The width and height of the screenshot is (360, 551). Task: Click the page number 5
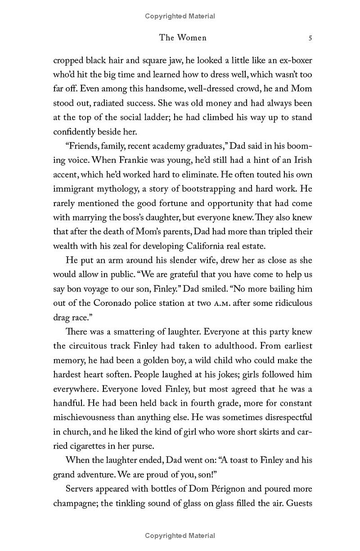pos(310,38)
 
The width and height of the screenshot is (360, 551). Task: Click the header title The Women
pos(183,38)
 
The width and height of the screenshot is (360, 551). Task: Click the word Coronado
pos(106,303)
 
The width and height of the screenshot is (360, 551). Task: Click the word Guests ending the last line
pos(298,503)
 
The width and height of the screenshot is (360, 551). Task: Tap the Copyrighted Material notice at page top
pos(180,16)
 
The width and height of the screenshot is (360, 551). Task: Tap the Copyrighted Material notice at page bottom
pos(180,535)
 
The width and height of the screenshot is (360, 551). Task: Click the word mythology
pos(121,188)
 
